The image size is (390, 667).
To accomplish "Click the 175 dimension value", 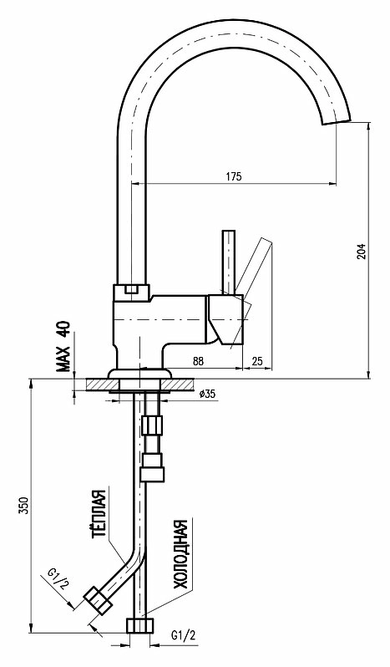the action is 233,176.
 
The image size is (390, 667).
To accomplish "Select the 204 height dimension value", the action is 361,252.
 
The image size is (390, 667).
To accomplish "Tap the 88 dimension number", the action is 199,361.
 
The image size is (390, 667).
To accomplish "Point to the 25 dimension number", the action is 257,361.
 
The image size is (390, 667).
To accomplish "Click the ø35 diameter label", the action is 207,394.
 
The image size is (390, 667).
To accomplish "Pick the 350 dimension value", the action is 25,505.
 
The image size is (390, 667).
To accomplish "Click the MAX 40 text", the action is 63,346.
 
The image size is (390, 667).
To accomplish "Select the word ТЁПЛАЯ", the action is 99,514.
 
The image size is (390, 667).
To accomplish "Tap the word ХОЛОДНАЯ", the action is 180,554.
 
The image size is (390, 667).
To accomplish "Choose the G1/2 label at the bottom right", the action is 184,635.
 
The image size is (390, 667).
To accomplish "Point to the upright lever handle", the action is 229,262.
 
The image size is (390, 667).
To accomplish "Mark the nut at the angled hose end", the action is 98,600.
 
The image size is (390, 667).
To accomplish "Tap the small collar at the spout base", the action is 132,293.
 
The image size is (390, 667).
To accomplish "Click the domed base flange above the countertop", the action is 139,374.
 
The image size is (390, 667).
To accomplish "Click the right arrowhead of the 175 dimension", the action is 333,184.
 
